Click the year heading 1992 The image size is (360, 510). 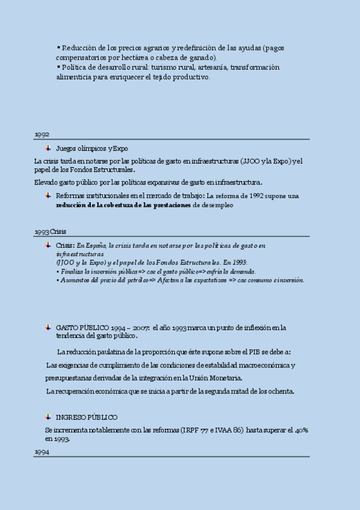pyautogui.click(x=41, y=135)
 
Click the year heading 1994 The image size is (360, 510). pyautogui.click(x=41, y=452)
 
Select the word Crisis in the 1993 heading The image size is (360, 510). pyautogui.click(x=58, y=232)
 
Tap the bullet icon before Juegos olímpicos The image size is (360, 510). pyautogui.click(x=48, y=148)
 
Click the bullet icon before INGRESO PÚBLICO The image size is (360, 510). pyautogui.click(x=48, y=417)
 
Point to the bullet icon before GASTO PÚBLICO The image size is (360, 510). pyautogui.click(x=48, y=328)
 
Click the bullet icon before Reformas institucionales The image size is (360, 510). pyautogui.click(x=48, y=195)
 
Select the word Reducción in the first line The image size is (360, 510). pyautogui.click(x=78, y=48)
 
